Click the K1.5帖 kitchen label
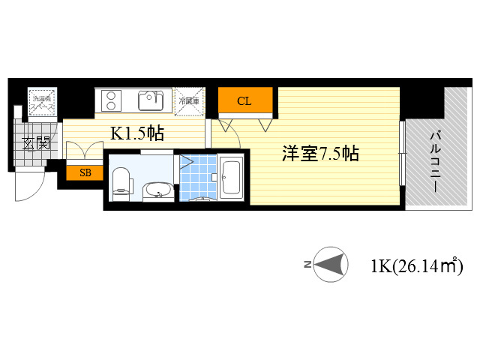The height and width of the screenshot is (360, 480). click(137, 133)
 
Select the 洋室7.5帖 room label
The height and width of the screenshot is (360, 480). click(320, 154)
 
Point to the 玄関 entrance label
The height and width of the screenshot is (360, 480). click(35, 143)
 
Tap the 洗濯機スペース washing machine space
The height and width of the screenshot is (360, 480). click(41, 101)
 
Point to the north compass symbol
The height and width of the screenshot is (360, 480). click(331, 265)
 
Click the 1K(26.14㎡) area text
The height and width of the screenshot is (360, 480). click(415, 265)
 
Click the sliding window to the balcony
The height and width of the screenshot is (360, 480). click(403, 157)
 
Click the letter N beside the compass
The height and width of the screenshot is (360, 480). click(307, 265)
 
